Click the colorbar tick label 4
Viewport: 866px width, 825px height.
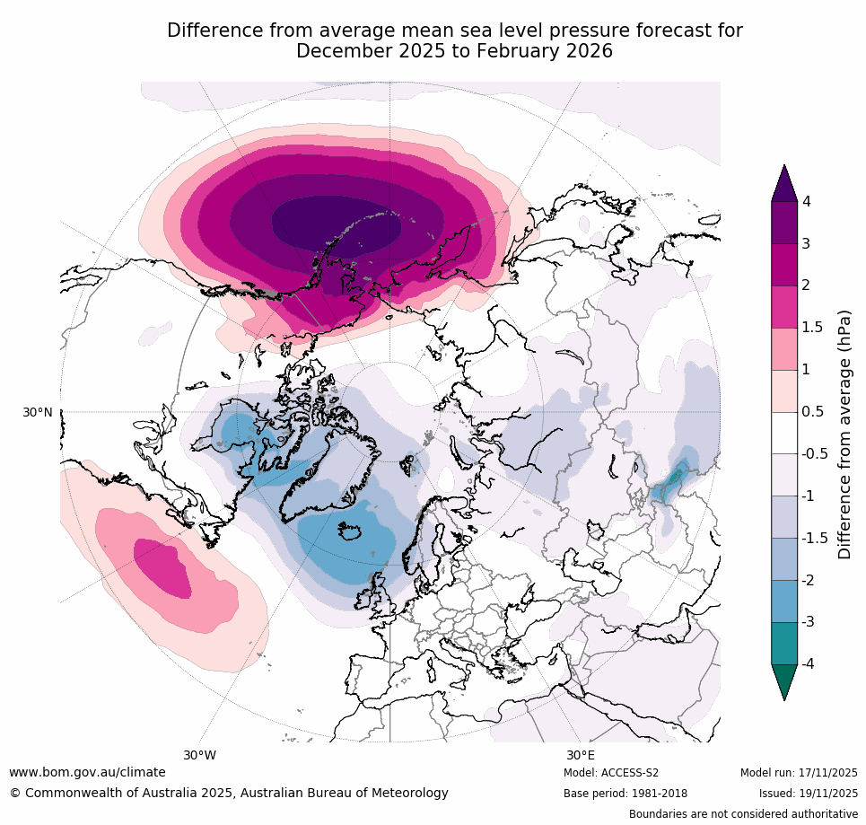[807, 201]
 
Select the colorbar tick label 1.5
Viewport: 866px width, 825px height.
[812, 327]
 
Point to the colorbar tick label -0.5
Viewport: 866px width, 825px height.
[815, 453]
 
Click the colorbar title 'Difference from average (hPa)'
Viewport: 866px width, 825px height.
[844, 434]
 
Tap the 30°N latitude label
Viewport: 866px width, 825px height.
[38, 412]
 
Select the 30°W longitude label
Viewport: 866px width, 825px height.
[200, 755]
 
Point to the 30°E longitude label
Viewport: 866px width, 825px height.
[580, 755]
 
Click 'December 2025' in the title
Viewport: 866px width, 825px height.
[357, 51]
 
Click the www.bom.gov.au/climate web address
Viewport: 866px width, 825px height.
[87, 772]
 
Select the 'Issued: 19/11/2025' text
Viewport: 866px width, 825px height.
[808, 794]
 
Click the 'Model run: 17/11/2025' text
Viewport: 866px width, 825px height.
[799, 773]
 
